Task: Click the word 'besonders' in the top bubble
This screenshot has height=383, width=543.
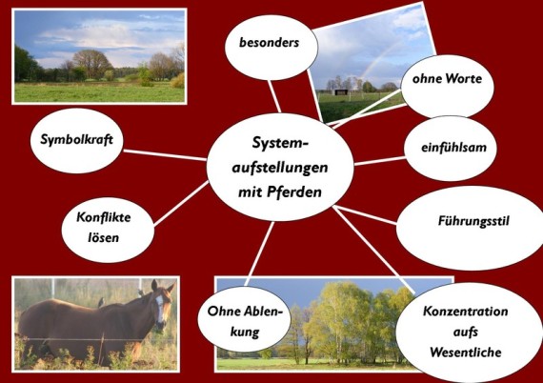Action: tap(269, 43)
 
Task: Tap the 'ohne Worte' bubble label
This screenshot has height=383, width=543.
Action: tap(447, 79)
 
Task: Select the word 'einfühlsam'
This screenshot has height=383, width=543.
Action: tap(453, 147)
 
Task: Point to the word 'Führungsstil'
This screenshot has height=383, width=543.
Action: tap(473, 221)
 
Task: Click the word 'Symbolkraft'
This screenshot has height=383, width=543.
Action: tap(76, 139)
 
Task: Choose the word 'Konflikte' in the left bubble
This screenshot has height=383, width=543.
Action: tap(104, 217)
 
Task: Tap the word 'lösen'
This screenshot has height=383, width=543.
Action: tap(103, 237)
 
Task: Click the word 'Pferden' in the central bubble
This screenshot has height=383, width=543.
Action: tap(294, 191)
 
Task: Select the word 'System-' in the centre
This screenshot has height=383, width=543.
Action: tap(280, 143)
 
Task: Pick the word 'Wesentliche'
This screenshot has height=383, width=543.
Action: tap(466, 353)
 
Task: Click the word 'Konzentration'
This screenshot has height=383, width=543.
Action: tap(466, 311)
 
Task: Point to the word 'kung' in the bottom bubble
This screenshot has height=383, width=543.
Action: tap(245, 333)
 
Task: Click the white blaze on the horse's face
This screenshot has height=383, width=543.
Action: tap(160, 308)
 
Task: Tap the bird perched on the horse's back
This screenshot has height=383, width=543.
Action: tap(101, 303)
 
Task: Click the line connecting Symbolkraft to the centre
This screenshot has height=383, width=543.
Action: tap(165, 155)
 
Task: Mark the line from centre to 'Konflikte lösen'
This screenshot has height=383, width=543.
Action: tap(181, 203)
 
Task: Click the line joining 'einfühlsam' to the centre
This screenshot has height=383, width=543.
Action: tap(379, 161)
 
